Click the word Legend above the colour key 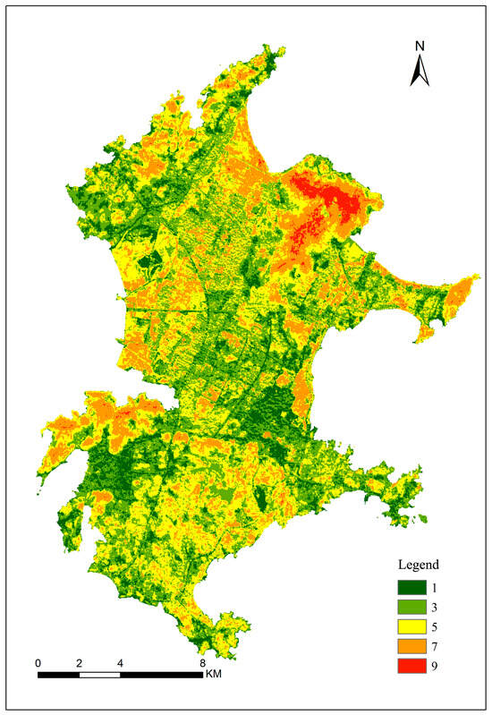tap(418, 566)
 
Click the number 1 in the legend tap(437, 587)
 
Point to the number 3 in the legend tap(437, 607)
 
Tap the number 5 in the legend tap(437, 626)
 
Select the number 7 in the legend tap(437, 646)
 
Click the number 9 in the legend tap(437, 666)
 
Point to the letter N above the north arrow tap(420, 46)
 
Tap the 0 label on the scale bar tap(38, 663)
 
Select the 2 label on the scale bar tap(79, 663)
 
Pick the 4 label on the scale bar tap(120, 663)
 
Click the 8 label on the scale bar tap(202, 663)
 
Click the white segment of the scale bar tap(99, 674)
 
